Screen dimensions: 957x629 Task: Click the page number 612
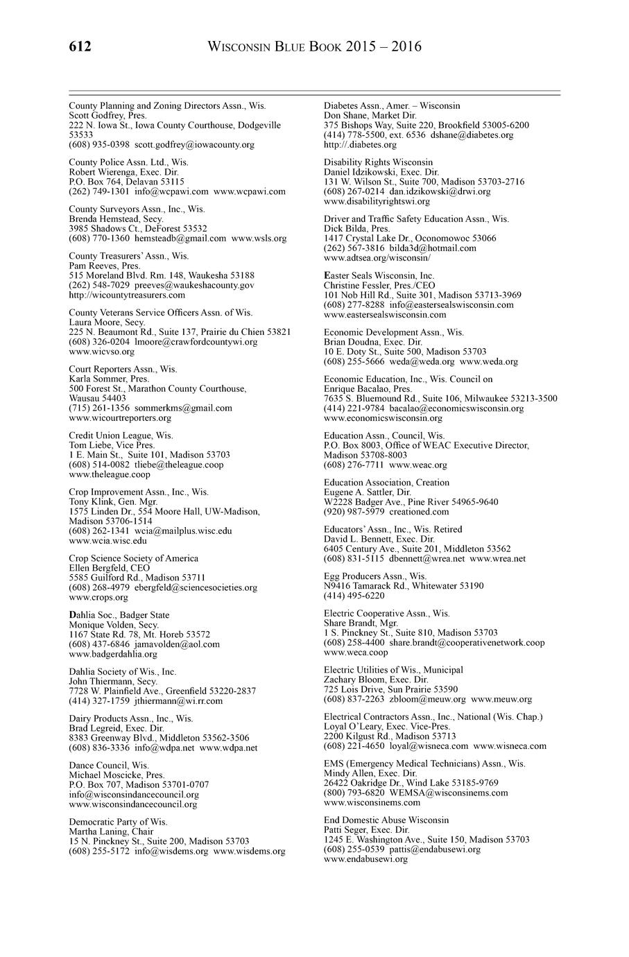point(80,47)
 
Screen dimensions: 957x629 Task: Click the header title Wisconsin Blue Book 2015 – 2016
point(315,47)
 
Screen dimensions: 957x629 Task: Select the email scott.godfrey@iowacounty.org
point(194,145)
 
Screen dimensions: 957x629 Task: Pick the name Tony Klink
point(92,502)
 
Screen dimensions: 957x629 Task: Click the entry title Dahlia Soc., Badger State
point(119,615)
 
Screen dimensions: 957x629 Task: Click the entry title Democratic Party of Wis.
point(118,822)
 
